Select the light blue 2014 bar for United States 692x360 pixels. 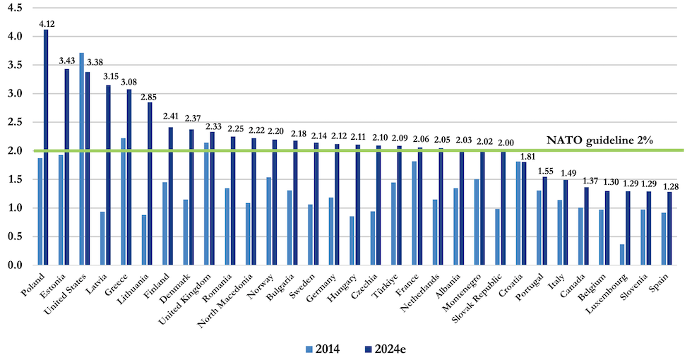tap(81, 159)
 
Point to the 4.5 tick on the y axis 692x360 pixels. tap(15, 8)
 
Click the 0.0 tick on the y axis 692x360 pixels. tap(15, 265)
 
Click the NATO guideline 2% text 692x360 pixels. tap(593, 140)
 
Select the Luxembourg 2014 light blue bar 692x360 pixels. tap(622, 255)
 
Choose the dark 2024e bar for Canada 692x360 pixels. tap(586, 226)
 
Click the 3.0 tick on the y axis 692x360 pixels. tap(15, 94)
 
